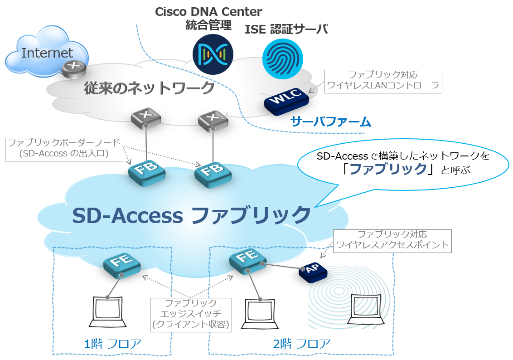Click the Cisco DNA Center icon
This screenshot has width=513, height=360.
tap(213, 54)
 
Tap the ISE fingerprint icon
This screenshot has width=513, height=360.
tap(283, 58)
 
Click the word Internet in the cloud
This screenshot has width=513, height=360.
tap(47, 53)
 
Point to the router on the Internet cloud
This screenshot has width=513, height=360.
tap(73, 68)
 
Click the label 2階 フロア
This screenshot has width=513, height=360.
tap(301, 344)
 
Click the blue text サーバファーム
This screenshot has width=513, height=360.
tap(331, 122)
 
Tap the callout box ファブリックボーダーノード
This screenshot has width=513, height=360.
tap(64, 149)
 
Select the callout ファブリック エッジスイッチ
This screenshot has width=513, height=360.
tap(191, 314)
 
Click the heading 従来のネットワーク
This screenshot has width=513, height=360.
tap(149, 88)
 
